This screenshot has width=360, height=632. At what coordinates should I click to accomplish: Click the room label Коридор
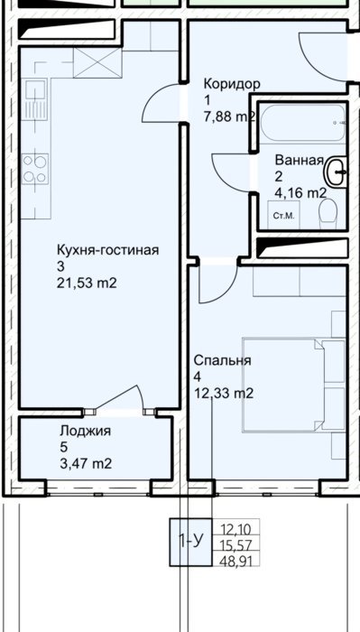[232, 85]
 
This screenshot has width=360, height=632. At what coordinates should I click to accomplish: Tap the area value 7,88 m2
[229, 116]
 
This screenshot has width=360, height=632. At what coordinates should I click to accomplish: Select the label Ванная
[300, 160]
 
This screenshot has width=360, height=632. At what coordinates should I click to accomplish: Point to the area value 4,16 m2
[300, 193]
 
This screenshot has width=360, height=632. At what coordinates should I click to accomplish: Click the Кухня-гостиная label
[108, 250]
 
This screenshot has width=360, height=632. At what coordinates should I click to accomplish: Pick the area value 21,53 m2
[87, 283]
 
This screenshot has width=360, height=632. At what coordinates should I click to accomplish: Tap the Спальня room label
[222, 360]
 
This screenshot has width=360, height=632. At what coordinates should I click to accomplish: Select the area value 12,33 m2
[224, 393]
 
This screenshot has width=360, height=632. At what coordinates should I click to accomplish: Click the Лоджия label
[85, 432]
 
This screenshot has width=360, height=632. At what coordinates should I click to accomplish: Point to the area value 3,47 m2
[86, 464]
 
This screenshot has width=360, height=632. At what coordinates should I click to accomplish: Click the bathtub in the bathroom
[302, 124]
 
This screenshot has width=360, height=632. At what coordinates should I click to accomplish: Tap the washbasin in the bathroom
[336, 172]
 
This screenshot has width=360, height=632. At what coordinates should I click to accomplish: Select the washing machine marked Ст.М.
[283, 215]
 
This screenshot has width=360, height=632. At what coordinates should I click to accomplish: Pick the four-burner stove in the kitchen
[34, 169]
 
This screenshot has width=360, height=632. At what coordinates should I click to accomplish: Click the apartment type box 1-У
[190, 542]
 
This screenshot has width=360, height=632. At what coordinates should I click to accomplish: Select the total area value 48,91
[235, 560]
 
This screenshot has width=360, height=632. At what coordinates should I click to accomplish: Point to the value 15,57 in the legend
[235, 545]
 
